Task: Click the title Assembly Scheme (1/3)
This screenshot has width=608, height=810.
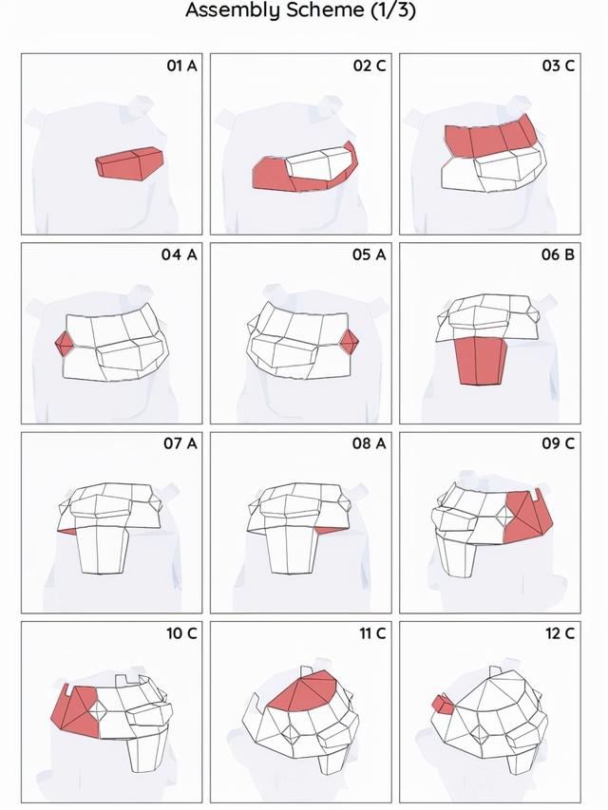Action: coord(300,10)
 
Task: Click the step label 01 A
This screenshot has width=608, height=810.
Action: coord(181,66)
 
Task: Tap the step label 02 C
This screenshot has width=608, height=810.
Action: coord(370,66)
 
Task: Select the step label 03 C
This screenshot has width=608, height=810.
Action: coord(559,66)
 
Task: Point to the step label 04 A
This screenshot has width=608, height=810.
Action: coord(179,254)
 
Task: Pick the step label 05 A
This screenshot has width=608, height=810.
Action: coord(370,254)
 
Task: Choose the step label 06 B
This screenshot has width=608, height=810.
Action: coord(558,254)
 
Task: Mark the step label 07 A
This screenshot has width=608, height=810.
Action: coord(180,443)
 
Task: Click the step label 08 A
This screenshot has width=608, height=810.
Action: coord(370,443)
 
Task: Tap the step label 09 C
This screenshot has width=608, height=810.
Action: coord(559,443)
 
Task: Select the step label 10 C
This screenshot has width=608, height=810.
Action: coord(181,633)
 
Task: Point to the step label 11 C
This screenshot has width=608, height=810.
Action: coord(372,633)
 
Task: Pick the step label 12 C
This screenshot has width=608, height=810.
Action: coord(560,633)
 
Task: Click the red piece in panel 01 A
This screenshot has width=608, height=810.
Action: coord(130,163)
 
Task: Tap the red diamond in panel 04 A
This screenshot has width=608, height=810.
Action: coord(65,343)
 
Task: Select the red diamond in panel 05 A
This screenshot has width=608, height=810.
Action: coord(349,342)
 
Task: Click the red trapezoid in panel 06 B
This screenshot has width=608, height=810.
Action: coord(481,361)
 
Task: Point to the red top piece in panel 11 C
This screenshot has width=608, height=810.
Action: coord(305,692)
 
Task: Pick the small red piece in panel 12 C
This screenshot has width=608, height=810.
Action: coord(443,705)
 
